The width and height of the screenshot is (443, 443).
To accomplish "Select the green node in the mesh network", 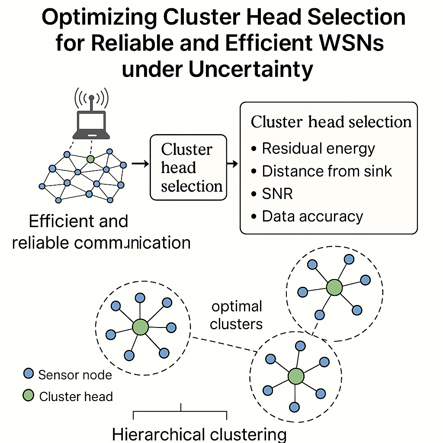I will point(90,159).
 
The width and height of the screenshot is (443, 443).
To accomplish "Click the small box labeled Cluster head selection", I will point(188,167).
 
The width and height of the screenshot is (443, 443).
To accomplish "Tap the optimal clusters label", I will point(237,315).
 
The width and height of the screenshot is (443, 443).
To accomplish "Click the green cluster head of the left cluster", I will point(141,327).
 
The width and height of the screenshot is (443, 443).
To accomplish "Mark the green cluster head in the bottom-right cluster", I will point(296,376).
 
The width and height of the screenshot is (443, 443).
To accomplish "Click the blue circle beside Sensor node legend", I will point(29,373).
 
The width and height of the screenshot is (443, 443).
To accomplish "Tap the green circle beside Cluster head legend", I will point(29,395).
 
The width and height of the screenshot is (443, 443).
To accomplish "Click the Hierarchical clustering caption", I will point(199,434).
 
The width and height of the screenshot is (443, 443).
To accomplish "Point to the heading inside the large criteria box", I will point(331,122).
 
